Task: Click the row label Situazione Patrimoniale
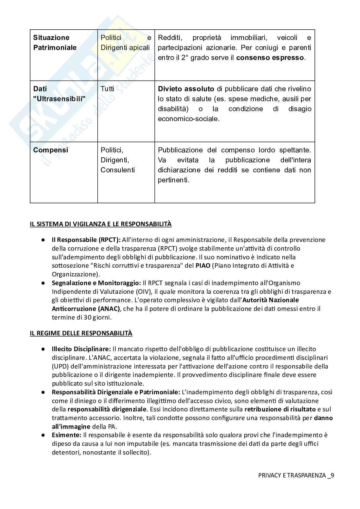[55, 43]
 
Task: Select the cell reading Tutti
[107, 89]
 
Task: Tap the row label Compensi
[51, 150]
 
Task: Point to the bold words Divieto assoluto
[186, 89]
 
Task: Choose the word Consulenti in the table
[118, 170]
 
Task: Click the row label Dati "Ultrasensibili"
[59, 94]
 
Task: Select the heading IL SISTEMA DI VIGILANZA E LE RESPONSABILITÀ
[101, 224]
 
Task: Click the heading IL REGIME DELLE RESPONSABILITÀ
[81, 333]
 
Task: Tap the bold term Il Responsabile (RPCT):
[86, 240]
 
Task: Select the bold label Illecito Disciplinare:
[81, 349]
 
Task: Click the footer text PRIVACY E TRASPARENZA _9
[296, 475]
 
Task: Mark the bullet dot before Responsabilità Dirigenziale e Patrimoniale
[43, 392]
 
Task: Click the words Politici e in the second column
[126, 38]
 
